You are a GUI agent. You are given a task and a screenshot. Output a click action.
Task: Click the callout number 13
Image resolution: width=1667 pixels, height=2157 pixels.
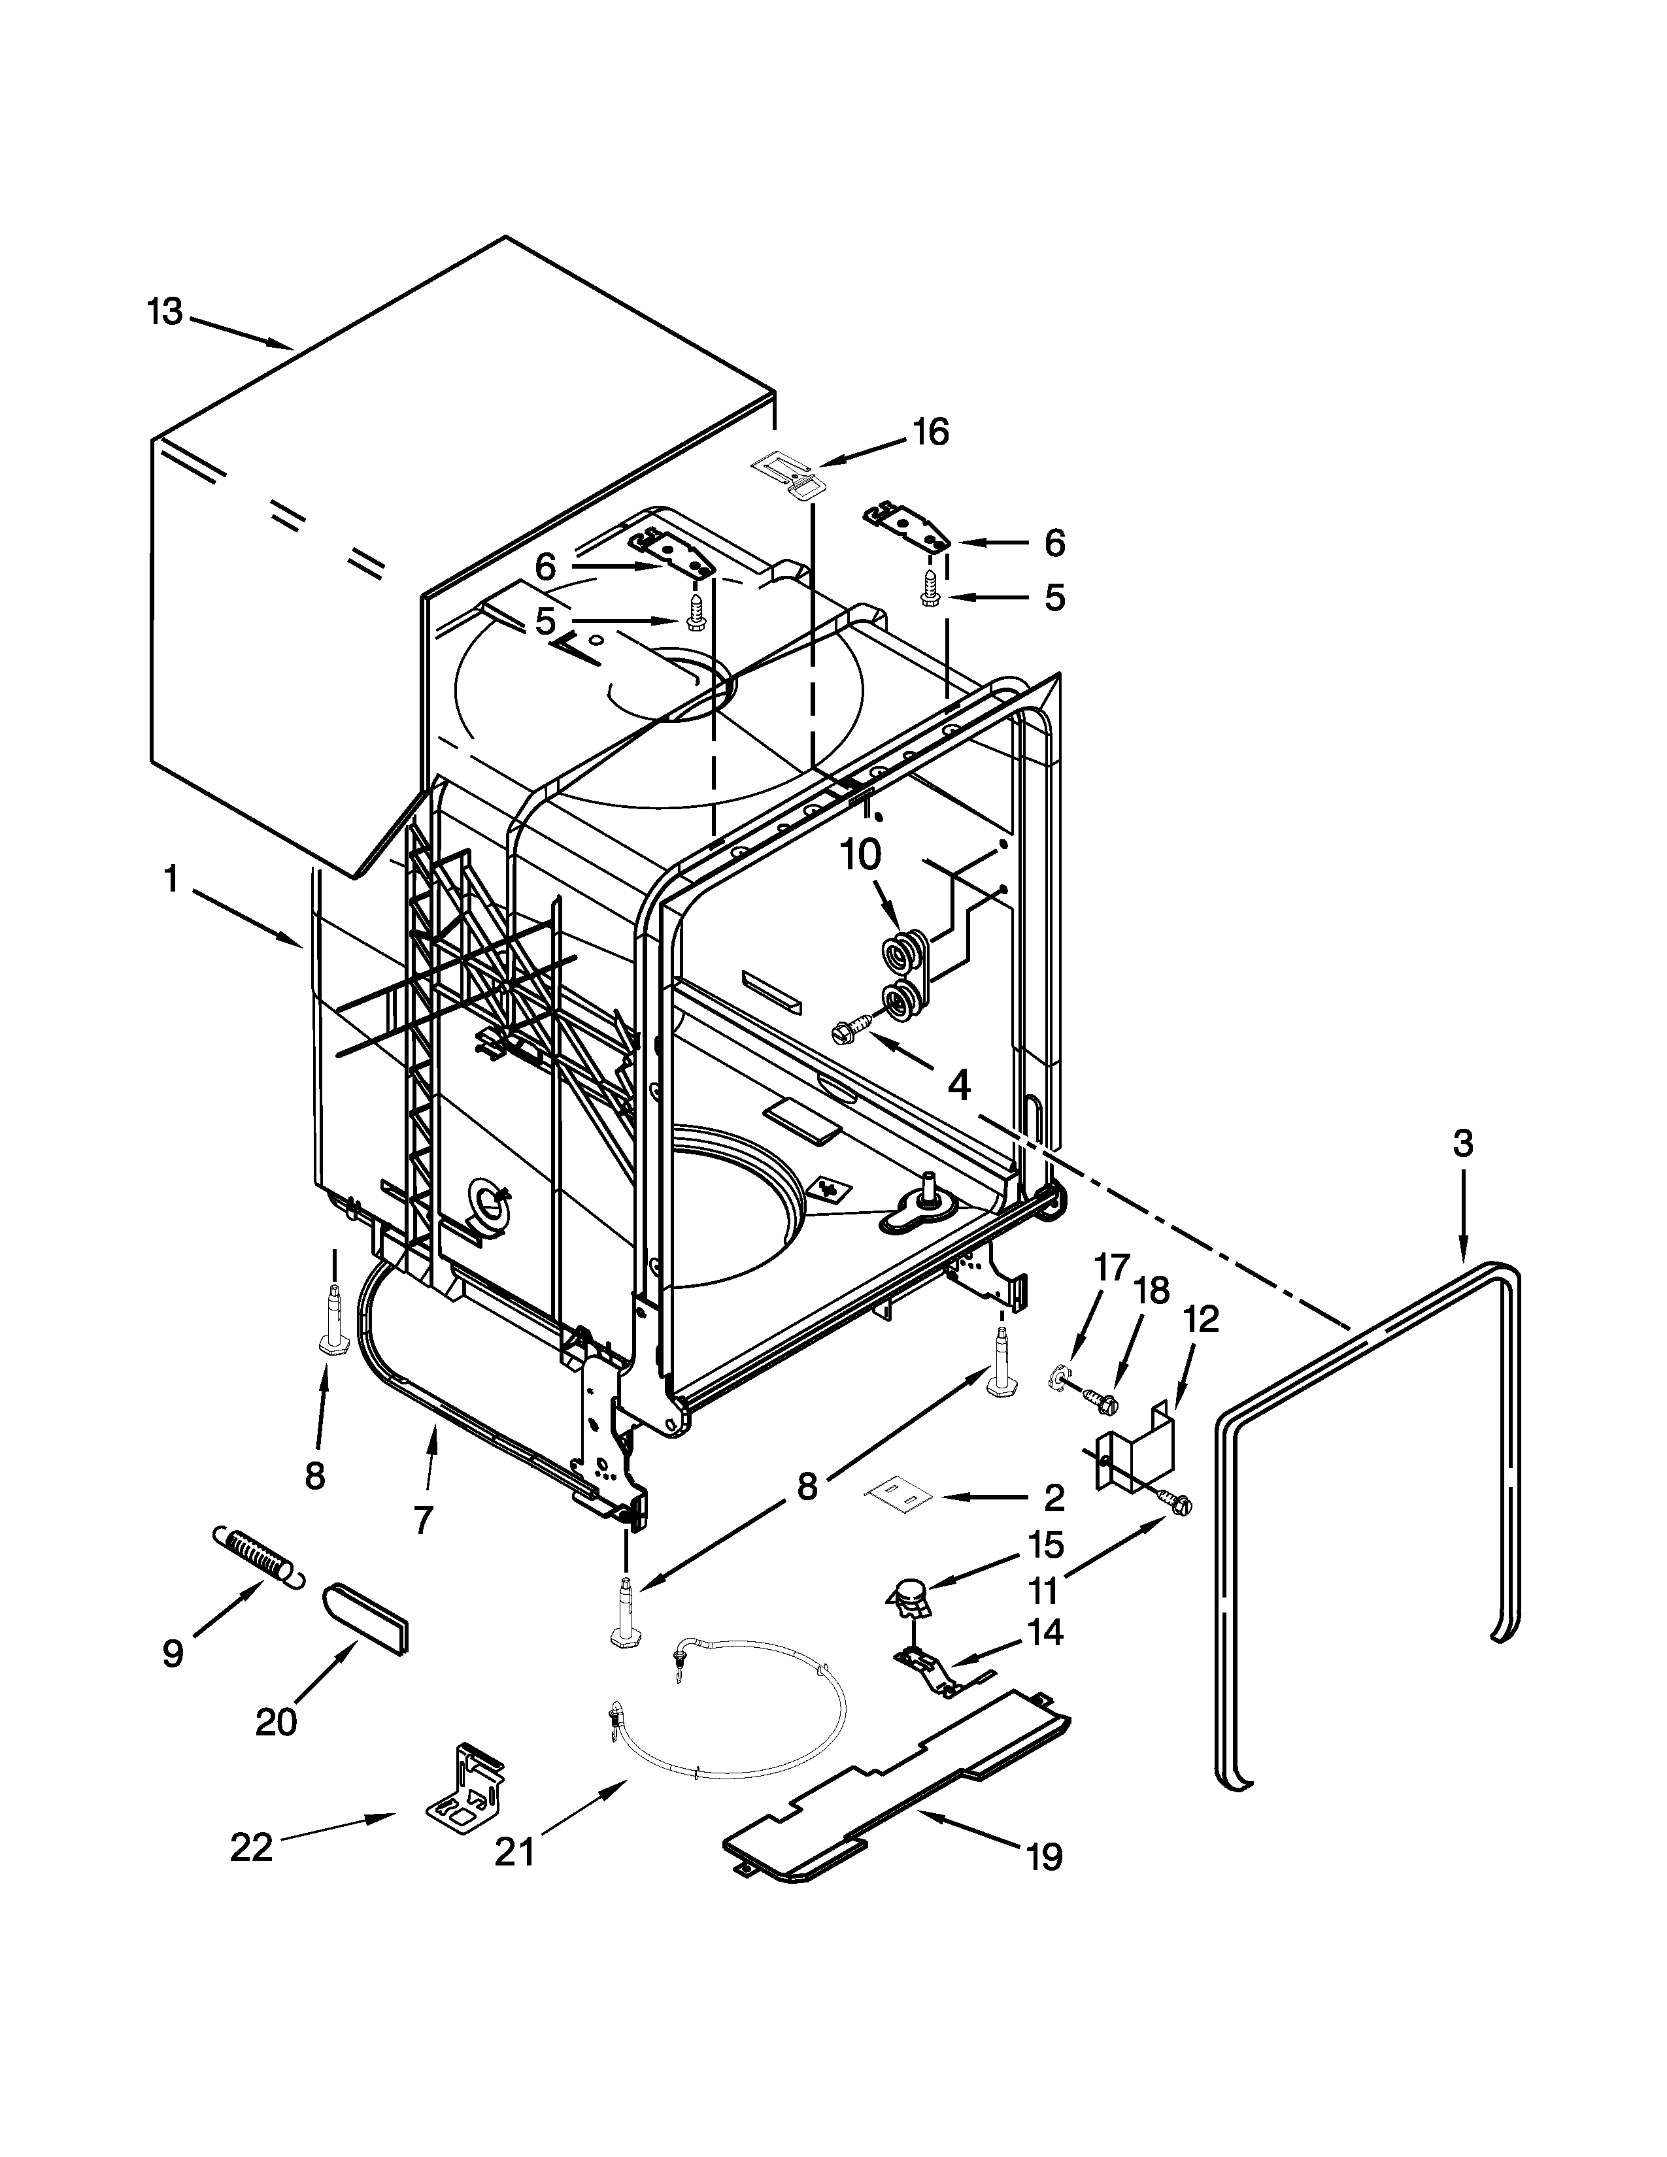[165, 312]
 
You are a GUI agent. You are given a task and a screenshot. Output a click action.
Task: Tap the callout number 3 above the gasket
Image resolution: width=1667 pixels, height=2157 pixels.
[1462, 1144]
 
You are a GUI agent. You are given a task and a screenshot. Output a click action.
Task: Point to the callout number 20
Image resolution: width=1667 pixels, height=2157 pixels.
[275, 1722]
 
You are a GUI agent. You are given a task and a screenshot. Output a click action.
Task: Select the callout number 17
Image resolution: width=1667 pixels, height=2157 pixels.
[1111, 1267]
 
